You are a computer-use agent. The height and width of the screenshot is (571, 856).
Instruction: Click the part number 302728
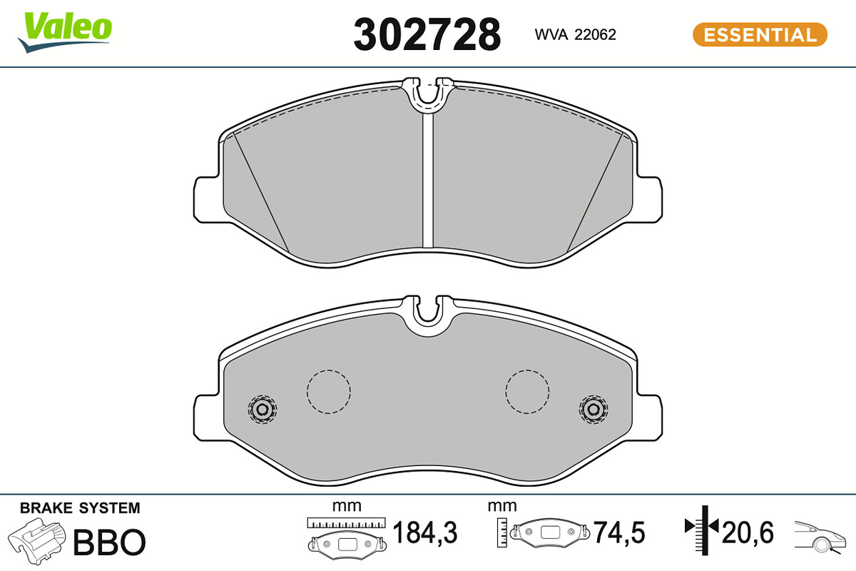[427, 35]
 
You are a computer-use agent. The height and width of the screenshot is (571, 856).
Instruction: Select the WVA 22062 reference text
[575, 35]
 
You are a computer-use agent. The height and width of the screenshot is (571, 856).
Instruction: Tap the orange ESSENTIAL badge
[760, 35]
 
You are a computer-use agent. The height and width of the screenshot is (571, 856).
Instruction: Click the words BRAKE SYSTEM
[80, 508]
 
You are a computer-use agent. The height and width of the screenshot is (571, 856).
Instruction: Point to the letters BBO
[109, 542]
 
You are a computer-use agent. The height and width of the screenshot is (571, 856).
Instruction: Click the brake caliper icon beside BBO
[36, 541]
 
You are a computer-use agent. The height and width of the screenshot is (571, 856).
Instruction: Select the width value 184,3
[425, 532]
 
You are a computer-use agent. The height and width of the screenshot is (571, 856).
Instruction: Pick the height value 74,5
[619, 532]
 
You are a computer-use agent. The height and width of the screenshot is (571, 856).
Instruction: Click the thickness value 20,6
[748, 532]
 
